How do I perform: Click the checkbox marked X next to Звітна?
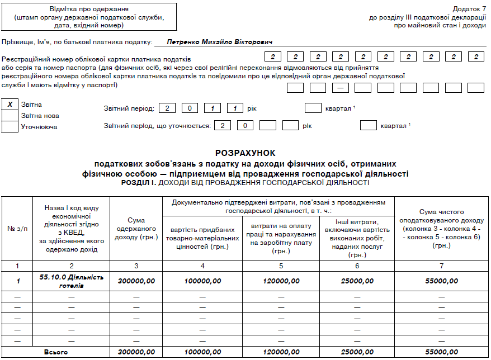[10, 105]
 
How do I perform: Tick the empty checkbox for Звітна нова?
[10, 116]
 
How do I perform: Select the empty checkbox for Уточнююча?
[10, 127]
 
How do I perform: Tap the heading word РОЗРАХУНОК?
[246, 153]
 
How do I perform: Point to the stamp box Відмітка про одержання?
[89, 17]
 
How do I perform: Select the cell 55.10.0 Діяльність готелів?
[71, 281]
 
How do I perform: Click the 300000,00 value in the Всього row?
[136, 352]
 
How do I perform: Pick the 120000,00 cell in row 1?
[281, 281]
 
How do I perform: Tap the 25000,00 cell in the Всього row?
[357, 352]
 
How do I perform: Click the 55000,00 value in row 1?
[441, 281]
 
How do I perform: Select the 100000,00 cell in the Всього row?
[203, 352]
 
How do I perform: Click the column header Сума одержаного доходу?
[136, 228]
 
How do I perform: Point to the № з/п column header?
[17, 228]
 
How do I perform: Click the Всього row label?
[56, 352]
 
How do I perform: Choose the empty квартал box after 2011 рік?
[313, 108]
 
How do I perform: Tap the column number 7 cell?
[441, 265]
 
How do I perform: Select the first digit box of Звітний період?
[167, 108]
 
